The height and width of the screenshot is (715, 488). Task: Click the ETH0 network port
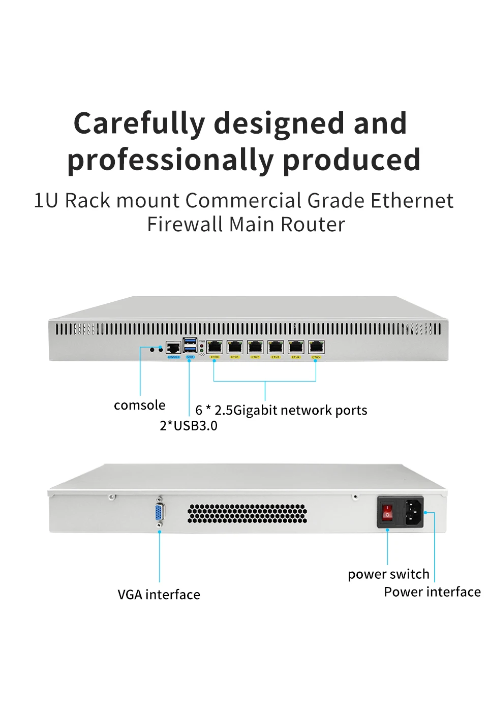215,347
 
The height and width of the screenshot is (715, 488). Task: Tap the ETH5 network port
316,347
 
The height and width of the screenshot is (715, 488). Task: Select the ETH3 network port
276,347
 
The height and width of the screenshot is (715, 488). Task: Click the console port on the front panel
173,348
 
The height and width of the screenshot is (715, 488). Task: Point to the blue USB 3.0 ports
190,345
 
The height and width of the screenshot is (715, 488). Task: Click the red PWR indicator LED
202,346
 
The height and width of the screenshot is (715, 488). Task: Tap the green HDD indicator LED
202,351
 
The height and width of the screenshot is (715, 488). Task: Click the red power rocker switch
388,512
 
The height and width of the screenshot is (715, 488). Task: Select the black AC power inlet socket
413,512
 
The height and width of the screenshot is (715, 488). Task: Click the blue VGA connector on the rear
160,512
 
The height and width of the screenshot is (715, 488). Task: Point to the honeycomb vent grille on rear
247,514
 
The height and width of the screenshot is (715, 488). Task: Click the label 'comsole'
139,405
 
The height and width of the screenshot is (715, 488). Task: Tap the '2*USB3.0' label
189,425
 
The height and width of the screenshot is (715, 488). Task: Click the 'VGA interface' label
159,594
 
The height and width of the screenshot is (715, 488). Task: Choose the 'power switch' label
388,574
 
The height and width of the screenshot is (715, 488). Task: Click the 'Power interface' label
432,592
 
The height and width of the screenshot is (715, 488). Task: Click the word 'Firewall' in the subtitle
185,224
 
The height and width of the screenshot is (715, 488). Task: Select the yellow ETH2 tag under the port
255,357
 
